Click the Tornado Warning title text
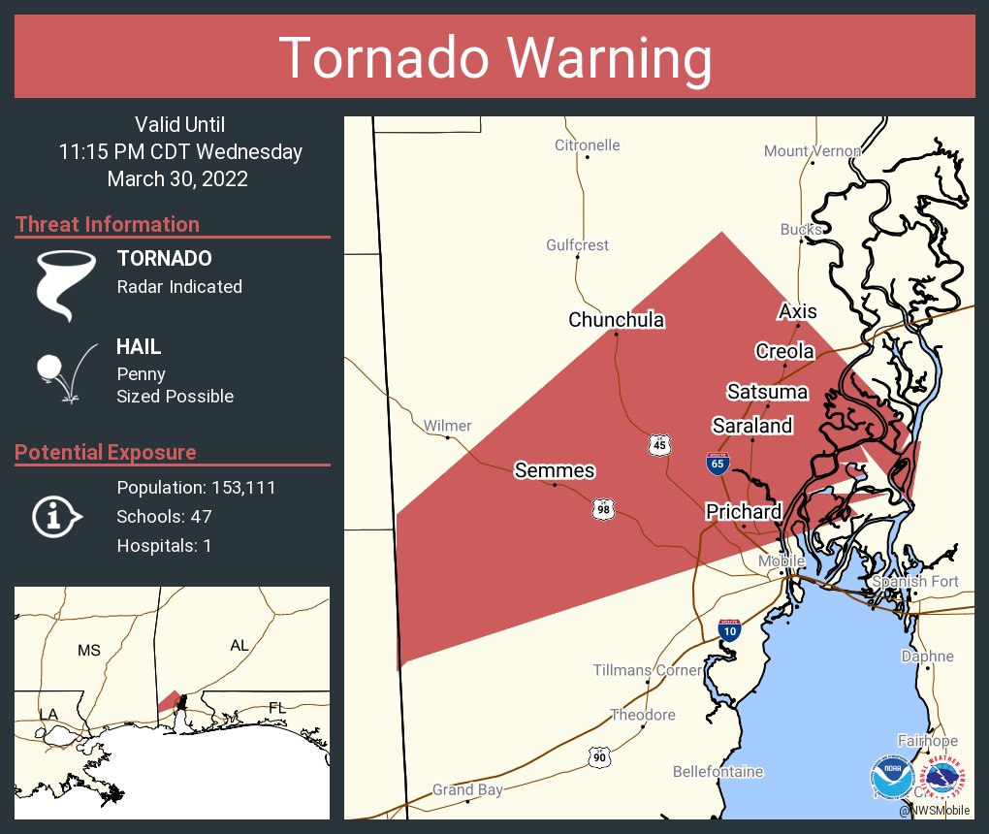point(494,58)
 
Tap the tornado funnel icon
point(66,284)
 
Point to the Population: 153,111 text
point(196,487)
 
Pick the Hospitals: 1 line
point(164,545)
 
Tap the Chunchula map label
point(617,320)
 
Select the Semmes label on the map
point(554,471)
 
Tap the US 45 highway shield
point(659,445)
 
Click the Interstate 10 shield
point(730,630)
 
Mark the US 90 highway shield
point(600,756)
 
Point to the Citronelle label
point(587,145)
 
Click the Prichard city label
point(744,511)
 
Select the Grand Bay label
point(467,789)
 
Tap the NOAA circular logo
point(891,778)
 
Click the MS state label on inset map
point(88,650)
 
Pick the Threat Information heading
point(108,224)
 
